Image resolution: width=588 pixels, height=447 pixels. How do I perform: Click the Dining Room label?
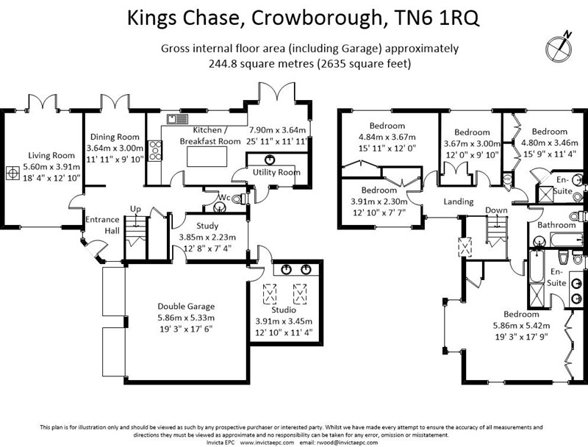pos(114,137)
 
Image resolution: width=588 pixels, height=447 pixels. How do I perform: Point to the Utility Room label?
pos(276,173)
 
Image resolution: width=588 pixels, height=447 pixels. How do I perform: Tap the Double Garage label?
pos(186,307)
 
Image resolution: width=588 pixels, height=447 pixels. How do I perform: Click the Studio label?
pos(283,310)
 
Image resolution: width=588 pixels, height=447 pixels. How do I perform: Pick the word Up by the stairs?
pos(135,208)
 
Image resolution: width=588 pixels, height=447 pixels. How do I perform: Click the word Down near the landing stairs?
pos(496,211)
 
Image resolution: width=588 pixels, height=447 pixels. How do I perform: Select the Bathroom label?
pos(556,225)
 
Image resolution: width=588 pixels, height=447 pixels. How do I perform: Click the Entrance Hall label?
pos(101,225)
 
